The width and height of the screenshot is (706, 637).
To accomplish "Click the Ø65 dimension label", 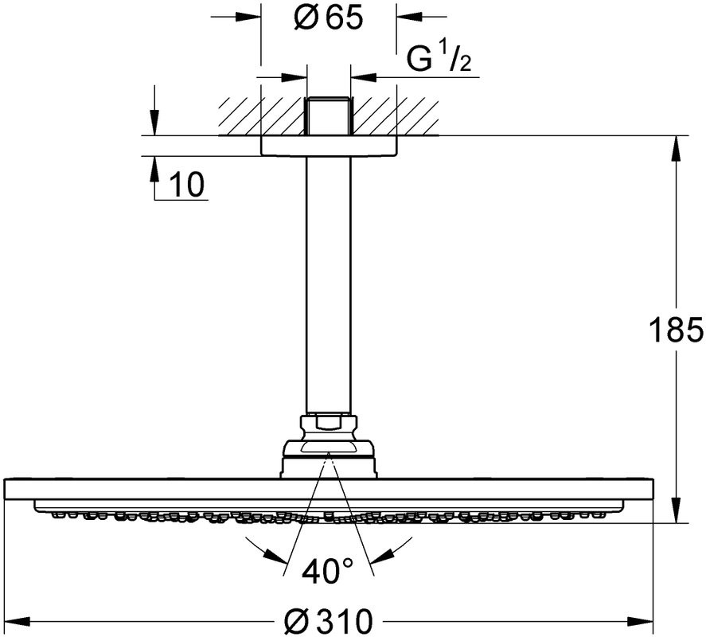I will [328, 18].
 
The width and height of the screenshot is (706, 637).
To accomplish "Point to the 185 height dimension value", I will [675, 329].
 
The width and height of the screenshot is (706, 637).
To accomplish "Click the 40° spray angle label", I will [328, 570].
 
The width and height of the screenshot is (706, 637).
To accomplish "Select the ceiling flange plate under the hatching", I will [328, 145].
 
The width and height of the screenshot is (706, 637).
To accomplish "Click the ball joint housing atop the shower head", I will [328, 458].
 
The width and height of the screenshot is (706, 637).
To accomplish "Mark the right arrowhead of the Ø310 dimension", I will [644, 619].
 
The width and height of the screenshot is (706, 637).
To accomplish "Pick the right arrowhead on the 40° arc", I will [389, 550].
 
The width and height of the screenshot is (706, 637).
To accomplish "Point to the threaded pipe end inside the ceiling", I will [328, 115].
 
